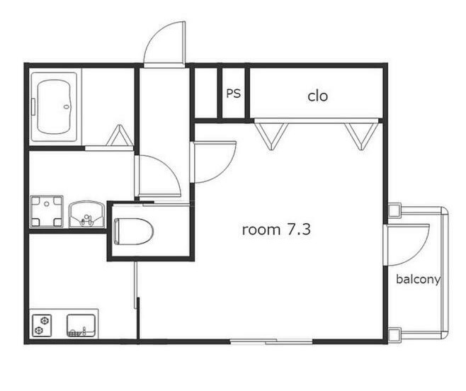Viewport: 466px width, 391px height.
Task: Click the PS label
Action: [x=233, y=93]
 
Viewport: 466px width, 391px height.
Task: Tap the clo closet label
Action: [x=317, y=96]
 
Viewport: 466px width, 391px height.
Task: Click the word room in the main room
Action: [x=261, y=229]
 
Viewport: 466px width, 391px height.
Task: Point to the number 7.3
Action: [x=299, y=229]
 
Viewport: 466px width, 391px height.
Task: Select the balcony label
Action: [x=418, y=280]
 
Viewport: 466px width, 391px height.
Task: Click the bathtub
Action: [x=54, y=107]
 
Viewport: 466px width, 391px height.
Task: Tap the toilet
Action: [x=133, y=232]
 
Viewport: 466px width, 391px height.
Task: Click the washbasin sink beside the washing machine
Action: [x=87, y=214]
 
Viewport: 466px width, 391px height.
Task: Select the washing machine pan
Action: [x=47, y=212]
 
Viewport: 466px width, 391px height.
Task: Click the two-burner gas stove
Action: [x=42, y=326]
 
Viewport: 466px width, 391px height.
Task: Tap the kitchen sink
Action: [x=81, y=326]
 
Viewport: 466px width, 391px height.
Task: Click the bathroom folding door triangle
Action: [x=120, y=135]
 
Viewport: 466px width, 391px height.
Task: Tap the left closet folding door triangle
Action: [x=271, y=136]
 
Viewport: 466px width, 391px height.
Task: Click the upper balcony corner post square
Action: [x=394, y=210]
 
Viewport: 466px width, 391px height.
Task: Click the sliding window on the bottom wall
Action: [x=271, y=342]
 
